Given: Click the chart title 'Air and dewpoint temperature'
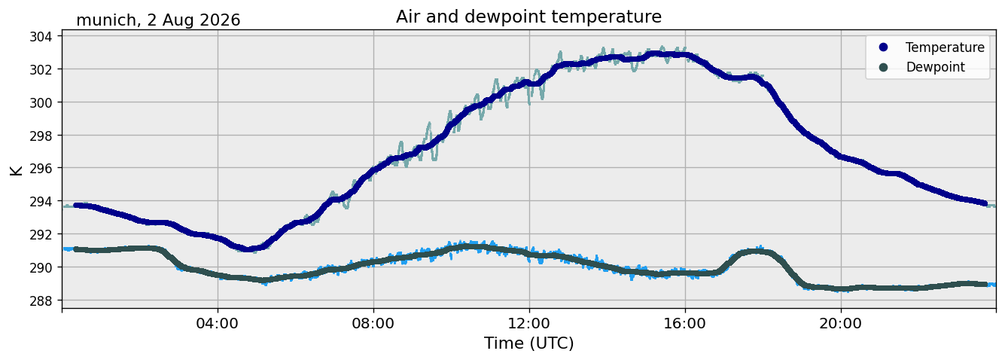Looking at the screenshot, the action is point(528,17).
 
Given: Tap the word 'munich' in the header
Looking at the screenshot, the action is point(106,20).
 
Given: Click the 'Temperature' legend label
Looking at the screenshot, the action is point(945,47).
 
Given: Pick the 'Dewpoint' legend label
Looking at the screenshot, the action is point(935,67).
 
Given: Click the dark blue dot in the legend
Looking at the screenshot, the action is point(883,47).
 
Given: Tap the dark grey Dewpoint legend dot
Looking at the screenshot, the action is point(883,67).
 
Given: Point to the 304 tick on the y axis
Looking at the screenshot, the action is point(41,36).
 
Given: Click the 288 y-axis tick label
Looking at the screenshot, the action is point(41,301).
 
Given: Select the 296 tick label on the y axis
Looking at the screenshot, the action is point(41,169).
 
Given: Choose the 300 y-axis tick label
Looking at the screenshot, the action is point(41,102).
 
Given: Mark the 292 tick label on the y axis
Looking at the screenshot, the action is point(41,234).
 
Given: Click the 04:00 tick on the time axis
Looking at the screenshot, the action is point(218,323).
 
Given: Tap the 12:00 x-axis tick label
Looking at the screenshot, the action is point(529,323).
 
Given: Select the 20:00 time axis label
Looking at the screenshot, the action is point(840,323).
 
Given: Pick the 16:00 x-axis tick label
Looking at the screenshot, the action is point(684,323).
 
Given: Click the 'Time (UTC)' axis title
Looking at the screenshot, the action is point(528,343).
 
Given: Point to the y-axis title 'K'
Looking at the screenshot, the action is point(16,170).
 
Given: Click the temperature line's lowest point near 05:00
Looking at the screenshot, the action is point(247,249).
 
